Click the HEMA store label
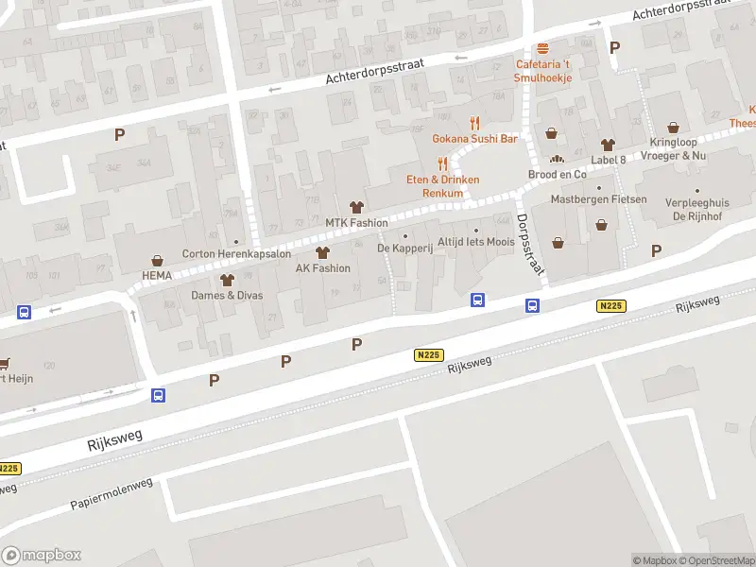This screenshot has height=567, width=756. [x=156, y=275]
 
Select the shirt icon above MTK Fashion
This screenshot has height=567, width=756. [x=356, y=207]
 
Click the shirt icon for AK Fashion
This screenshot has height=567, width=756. [x=322, y=252]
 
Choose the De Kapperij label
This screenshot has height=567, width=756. [x=404, y=248]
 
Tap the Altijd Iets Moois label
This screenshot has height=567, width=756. [x=475, y=243]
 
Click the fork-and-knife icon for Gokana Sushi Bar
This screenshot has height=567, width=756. [x=475, y=123]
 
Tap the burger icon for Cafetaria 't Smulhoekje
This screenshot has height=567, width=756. [x=542, y=49]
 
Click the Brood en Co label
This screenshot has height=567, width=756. [x=557, y=174]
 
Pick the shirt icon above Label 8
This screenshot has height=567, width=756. [x=608, y=144]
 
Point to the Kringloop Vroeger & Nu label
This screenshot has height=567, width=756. [x=673, y=148]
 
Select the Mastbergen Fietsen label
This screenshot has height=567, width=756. [x=599, y=199]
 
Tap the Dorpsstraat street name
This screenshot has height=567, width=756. [x=531, y=243]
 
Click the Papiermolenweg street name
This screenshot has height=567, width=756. [x=112, y=493]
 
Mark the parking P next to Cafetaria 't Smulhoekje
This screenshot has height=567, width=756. [x=615, y=47]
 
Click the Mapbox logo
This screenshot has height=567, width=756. [x=41, y=555]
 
